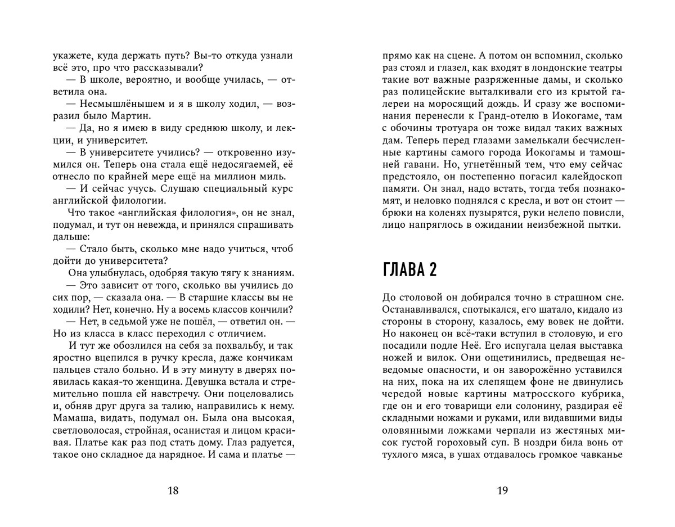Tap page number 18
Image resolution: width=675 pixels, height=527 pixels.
(x=173, y=490)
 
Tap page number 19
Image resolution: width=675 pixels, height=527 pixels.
(x=503, y=490)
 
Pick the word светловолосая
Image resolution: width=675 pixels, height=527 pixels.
(x=84, y=433)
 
